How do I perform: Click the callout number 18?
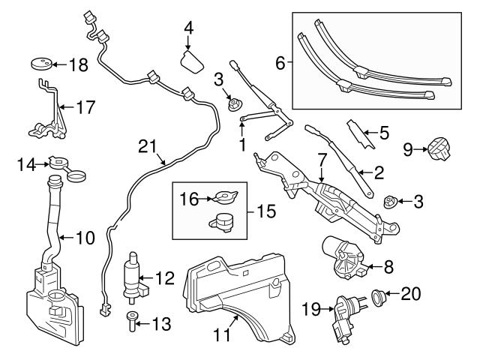pyautogui.click(x=77, y=65)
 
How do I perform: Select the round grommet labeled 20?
pyautogui.click(x=379, y=296)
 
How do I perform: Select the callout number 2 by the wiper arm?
pyautogui.click(x=379, y=174)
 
